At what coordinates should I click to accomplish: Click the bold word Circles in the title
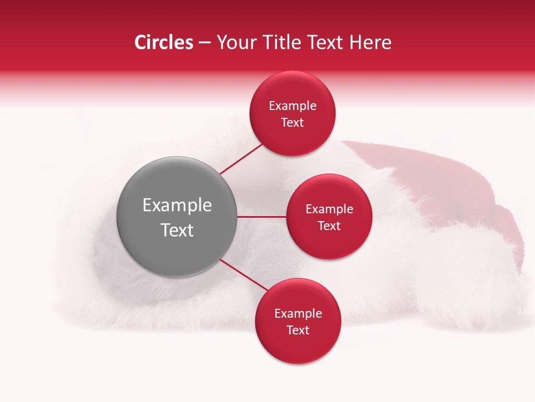pos(164,42)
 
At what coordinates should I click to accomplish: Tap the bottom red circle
pos(298,349)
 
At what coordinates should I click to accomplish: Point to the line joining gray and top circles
pos(241,160)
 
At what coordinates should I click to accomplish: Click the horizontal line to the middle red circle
pos(262,217)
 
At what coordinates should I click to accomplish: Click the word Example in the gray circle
pos(177,205)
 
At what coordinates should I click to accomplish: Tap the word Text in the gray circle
pos(177,230)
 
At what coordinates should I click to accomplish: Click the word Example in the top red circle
pos(293,106)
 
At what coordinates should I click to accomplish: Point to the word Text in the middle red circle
pos(329,226)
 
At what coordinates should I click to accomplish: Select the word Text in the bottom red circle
pos(298,330)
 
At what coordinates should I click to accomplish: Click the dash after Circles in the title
pos(204,42)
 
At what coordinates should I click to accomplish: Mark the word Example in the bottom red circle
pos(298,313)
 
